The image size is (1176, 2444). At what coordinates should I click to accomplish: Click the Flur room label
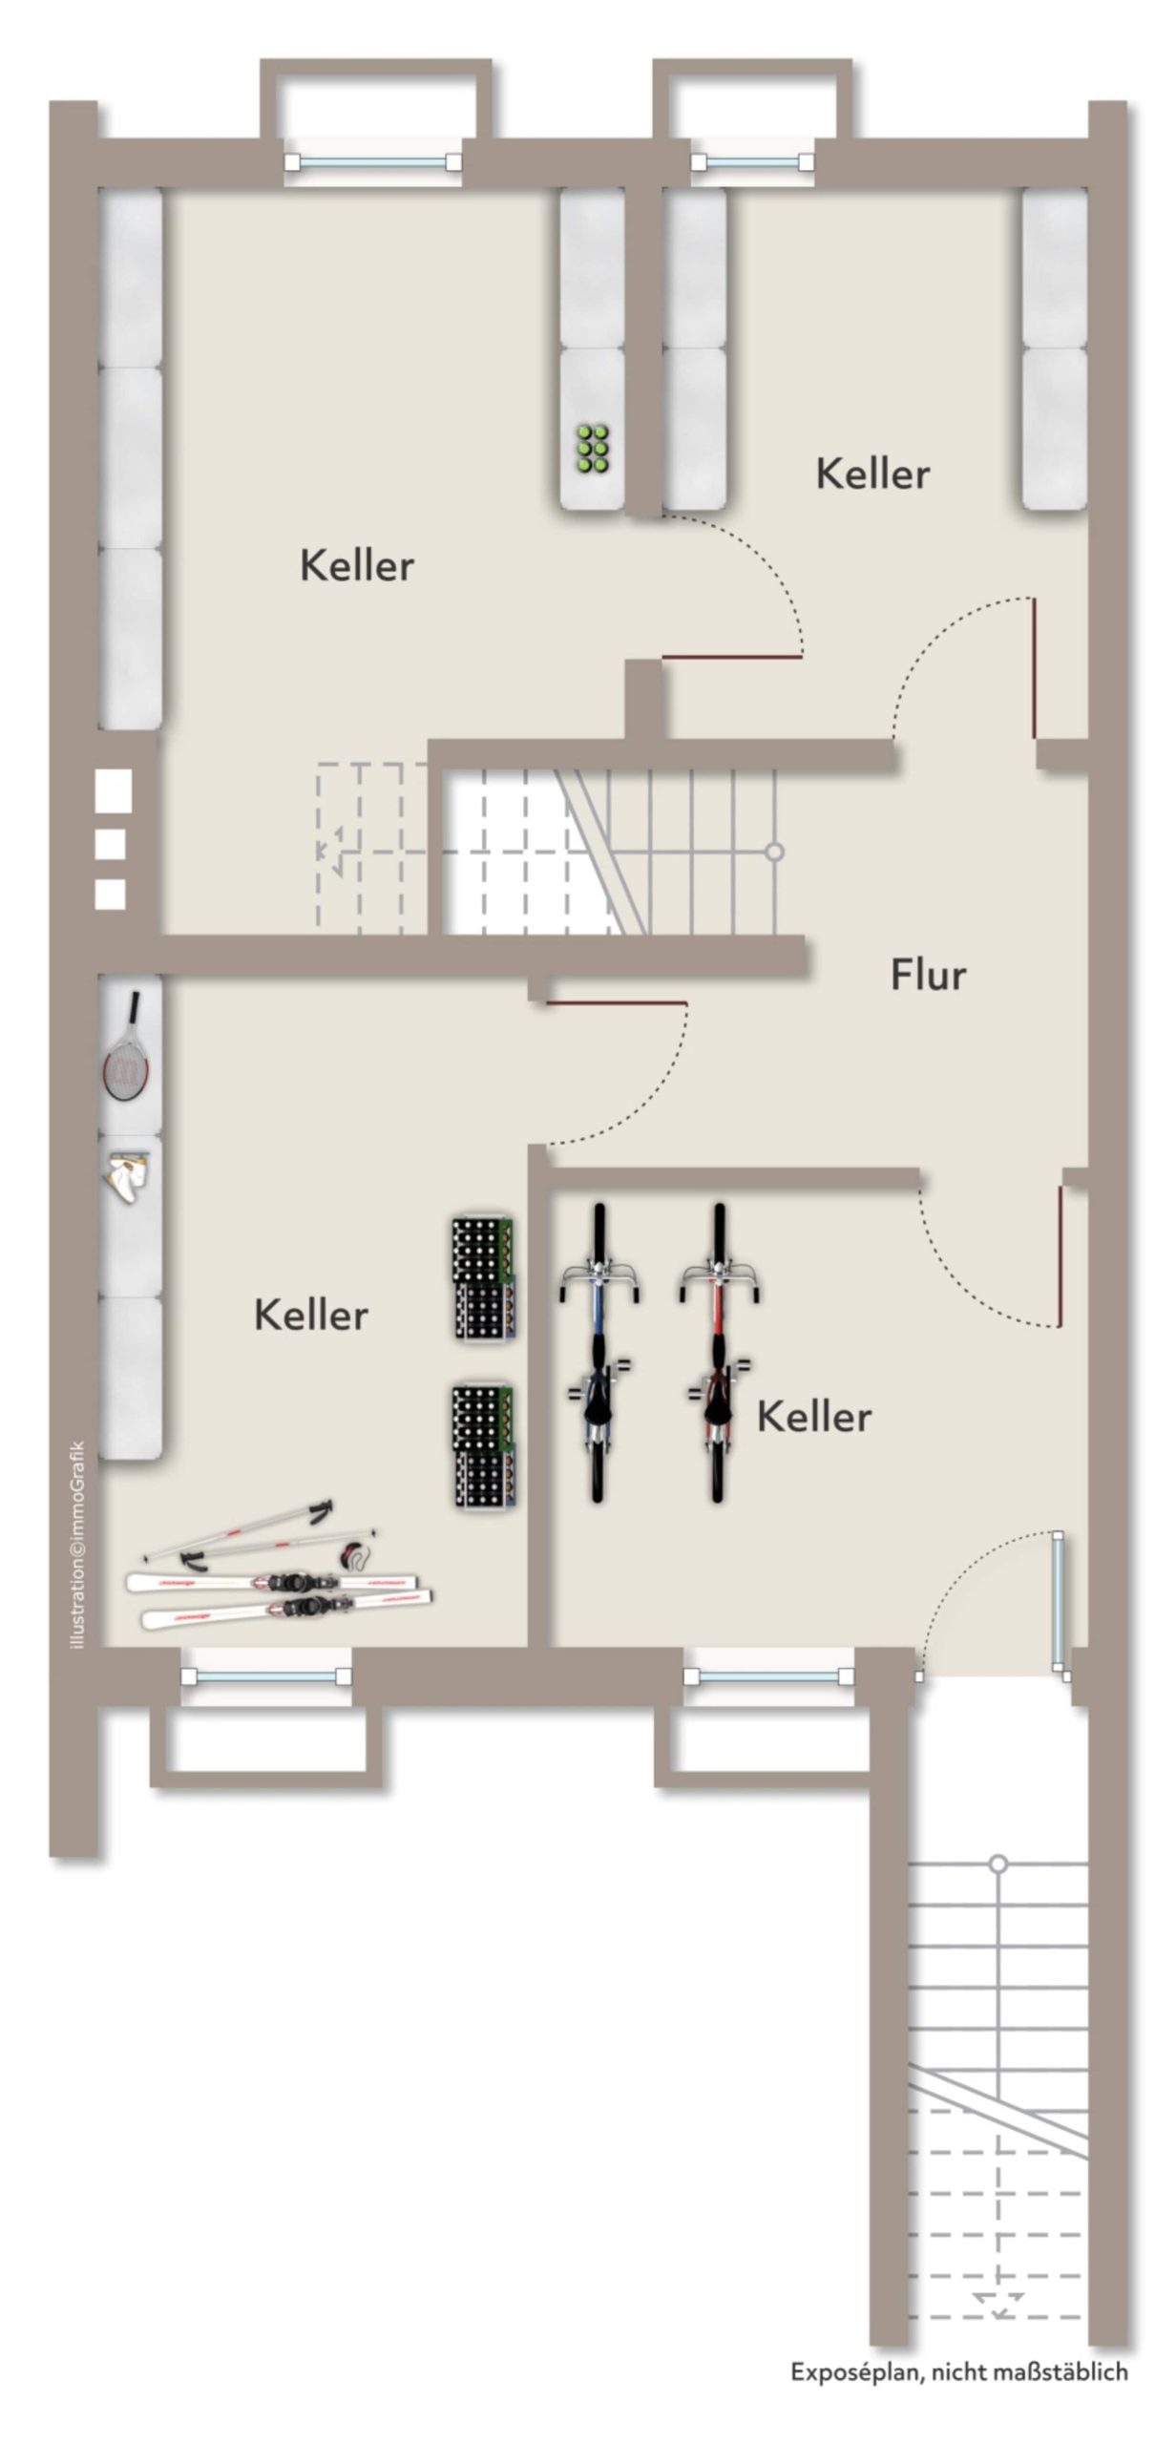pyautogui.click(x=928, y=976)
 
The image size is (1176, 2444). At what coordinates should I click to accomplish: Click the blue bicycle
pyautogui.click(x=598, y=1353)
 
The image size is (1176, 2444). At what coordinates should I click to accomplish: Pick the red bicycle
pyautogui.click(x=718, y=1353)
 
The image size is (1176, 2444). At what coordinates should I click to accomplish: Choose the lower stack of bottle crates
pyautogui.click(x=485, y=1448)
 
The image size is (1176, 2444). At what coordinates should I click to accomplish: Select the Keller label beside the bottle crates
pyautogui.click(x=311, y=1316)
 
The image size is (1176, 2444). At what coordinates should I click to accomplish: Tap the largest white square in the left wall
pyautogui.click(x=114, y=791)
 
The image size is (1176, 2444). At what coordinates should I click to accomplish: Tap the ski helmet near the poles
pyautogui.click(x=356, y=1557)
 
